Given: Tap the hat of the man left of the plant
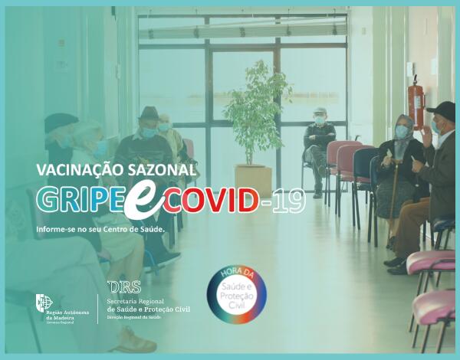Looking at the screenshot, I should [149, 113].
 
